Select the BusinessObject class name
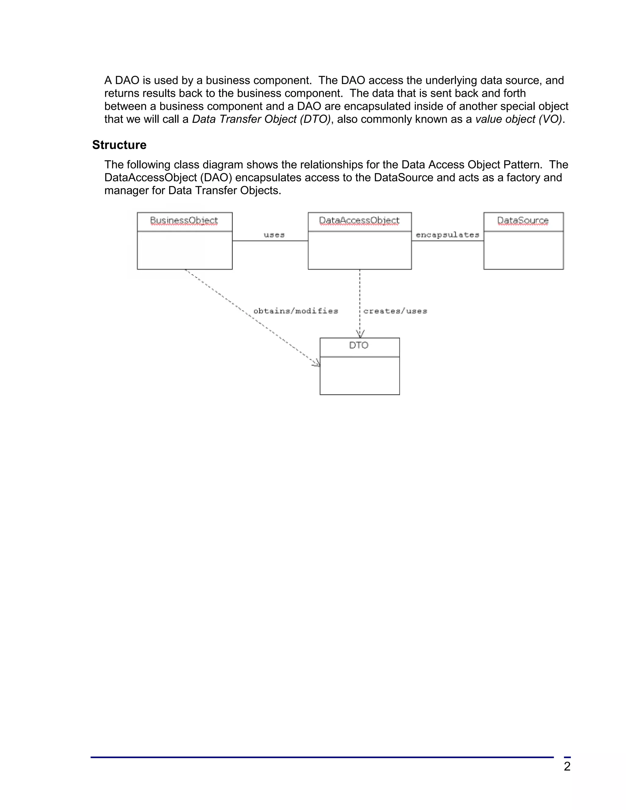coord(184,220)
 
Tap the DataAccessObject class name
coord(359,220)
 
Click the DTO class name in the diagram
coord(359,345)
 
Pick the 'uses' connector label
coord(274,235)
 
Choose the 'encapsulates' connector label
coord(447,235)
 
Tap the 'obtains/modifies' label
coord(296,311)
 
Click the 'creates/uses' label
coord(395,311)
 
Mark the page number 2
coord(567,766)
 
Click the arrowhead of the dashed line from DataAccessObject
coord(360,334)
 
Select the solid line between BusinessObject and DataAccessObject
coord(270,241)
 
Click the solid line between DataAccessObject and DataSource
coord(447,241)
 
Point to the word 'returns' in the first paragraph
coord(122,93)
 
